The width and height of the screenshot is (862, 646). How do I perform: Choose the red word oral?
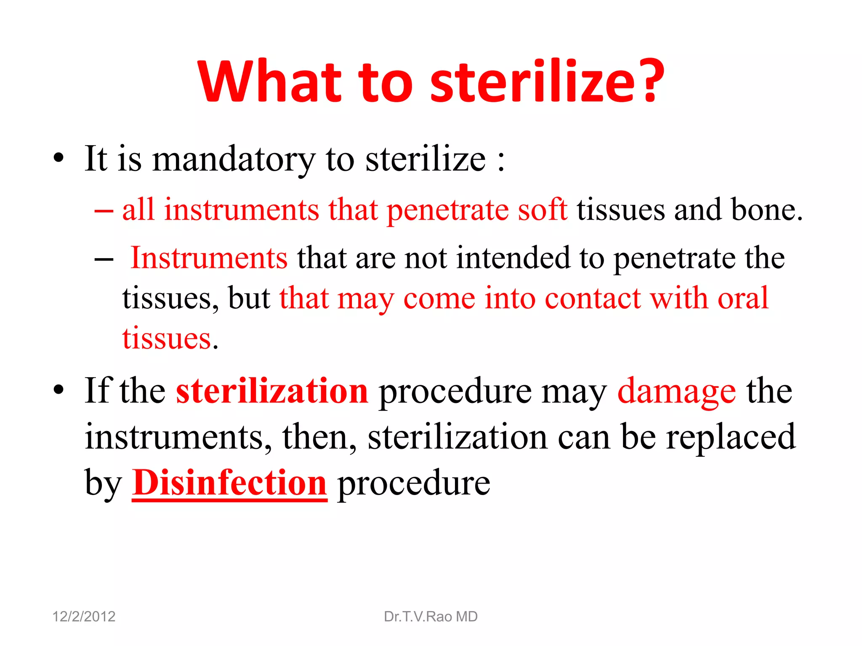pos(743,298)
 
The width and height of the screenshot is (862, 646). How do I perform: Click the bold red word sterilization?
pos(272,391)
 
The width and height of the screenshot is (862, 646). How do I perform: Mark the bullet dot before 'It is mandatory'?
pos(59,159)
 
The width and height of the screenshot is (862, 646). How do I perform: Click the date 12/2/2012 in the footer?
pos(84,617)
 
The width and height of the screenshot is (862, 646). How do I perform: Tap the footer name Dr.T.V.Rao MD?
pos(431,617)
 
